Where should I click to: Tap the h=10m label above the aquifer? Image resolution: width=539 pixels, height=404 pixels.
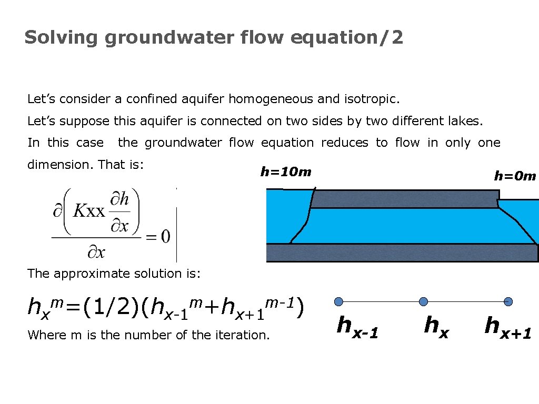click(x=286, y=172)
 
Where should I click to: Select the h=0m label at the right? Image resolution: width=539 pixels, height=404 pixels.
click(x=514, y=176)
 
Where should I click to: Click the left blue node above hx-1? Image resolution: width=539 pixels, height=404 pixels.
click(x=339, y=301)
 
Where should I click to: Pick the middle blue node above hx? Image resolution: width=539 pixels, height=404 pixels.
click(x=424, y=301)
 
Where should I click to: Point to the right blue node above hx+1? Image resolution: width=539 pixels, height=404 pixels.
click(x=508, y=301)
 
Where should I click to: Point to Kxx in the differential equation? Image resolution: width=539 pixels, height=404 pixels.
click(x=89, y=211)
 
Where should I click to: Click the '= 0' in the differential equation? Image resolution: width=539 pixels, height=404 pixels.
click(x=158, y=237)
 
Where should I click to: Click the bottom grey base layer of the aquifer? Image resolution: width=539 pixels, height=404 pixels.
click(x=402, y=253)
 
